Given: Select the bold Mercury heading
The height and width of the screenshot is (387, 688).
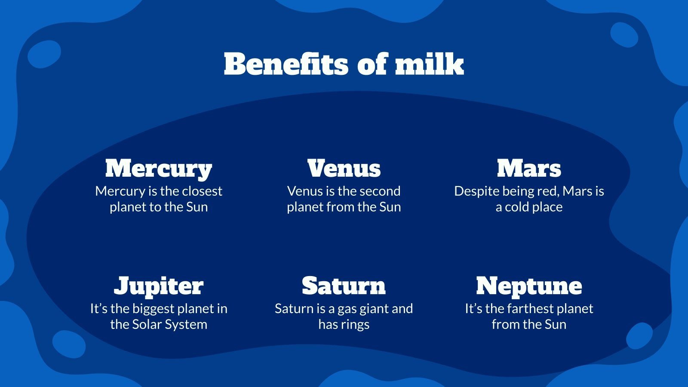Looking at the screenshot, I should click(x=159, y=168).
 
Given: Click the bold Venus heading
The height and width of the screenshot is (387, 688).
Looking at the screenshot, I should click(x=344, y=168).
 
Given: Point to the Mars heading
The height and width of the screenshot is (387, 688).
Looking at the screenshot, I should click(x=529, y=168).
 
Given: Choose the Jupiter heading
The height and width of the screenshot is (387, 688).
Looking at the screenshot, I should click(x=159, y=286).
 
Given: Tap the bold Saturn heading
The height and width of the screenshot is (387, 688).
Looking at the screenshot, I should click(x=344, y=286).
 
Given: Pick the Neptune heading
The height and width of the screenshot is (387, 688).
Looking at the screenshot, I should click(x=529, y=286).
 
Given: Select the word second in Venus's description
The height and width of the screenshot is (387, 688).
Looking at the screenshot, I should click(x=380, y=191).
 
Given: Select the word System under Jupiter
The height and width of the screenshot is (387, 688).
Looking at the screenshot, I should click(x=187, y=324).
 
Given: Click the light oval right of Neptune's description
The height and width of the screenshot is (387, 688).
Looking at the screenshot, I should click(x=639, y=336).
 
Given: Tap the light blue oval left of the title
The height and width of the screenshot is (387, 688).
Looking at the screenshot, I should click(x=44, y=54).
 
